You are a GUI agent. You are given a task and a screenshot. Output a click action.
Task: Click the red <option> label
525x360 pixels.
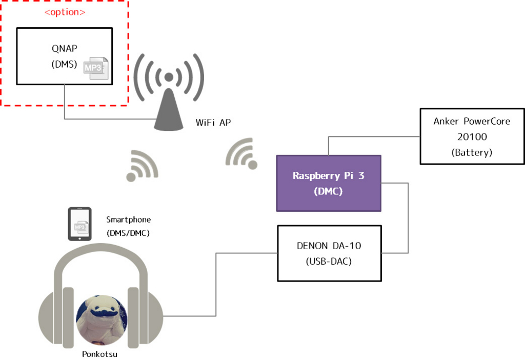point(65,12)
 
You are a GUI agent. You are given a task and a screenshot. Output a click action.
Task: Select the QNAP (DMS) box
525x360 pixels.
point(64,56)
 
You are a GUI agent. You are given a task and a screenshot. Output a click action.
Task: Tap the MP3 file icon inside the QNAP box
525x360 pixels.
point(96,68)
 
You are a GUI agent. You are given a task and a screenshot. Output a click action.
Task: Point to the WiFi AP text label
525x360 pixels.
point(213,123)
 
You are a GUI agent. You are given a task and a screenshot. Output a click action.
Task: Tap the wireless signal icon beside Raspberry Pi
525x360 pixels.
point(241,153)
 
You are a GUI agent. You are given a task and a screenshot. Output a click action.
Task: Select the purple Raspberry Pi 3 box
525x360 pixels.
point(329,183)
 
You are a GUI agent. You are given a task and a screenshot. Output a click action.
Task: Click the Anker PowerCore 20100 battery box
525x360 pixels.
point(472,136)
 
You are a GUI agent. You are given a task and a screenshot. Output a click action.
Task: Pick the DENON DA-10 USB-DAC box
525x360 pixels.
point(330,253)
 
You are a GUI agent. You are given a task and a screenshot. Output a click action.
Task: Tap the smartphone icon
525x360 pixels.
point(79,224)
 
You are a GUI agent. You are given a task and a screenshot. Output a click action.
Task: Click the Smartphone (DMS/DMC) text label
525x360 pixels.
point(128,226)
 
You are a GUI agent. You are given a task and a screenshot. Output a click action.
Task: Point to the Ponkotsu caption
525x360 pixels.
point(99,354)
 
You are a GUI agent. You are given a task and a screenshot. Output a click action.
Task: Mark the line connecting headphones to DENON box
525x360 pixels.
point(216,285)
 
